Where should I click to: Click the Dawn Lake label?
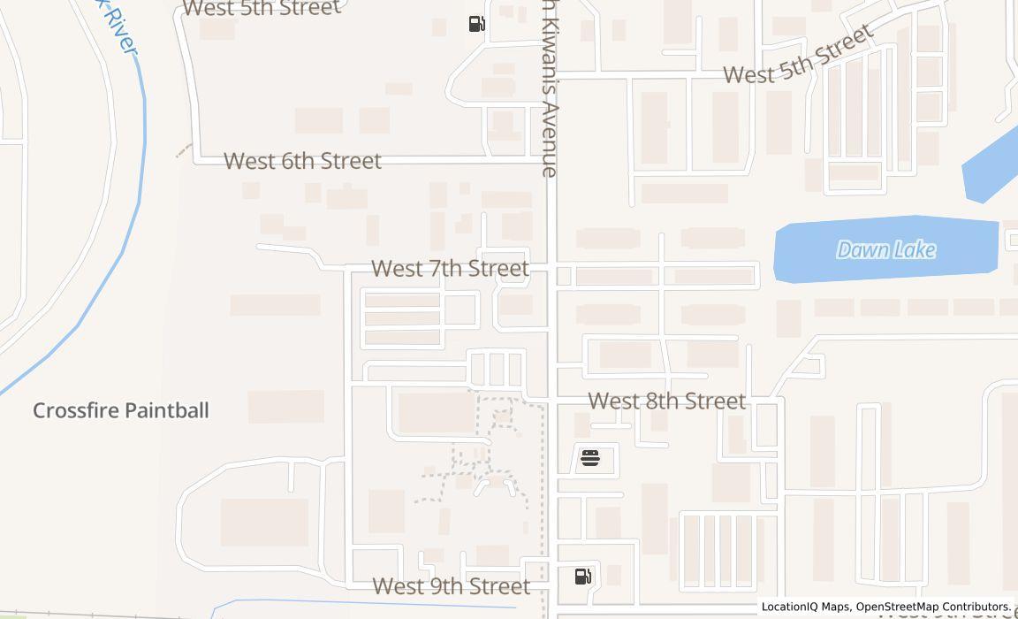(x=885, y=250)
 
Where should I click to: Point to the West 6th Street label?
(x=302, y=161)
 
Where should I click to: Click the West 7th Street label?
(x=450, y=268)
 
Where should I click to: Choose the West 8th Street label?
(x=666, y=401)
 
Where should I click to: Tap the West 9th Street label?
(x=451, y=586)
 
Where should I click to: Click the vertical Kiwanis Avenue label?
(x=550, y=88)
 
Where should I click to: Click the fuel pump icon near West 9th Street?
(x=582, y=577)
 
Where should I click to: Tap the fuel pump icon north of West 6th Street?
(x=476, y=24)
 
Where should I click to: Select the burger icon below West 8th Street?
(x=589, y=457)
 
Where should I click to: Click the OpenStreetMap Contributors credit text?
(x=932, y=607)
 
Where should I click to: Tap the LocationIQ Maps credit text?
(x=805, y=607)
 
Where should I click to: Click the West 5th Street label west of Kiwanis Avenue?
(x=261, y=8)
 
